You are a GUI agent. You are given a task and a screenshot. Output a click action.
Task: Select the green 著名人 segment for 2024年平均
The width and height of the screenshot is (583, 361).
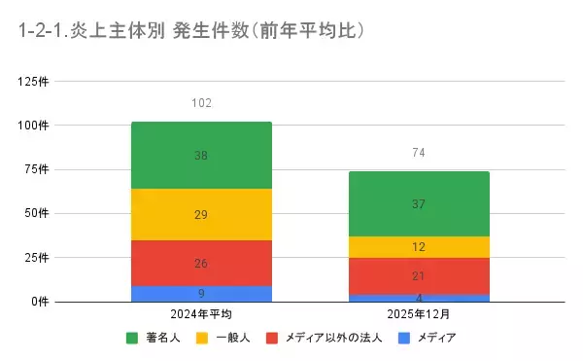tap(201, 155)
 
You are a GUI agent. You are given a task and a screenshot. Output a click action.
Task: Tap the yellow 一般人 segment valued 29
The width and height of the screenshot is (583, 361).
tap(201, 214)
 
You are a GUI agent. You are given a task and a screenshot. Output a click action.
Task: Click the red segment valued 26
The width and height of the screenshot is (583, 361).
tap(201, 263)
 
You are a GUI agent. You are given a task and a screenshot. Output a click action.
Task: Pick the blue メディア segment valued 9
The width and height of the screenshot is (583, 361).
tap(201, 293)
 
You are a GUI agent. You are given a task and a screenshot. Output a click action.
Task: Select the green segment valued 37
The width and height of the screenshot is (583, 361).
tap(419, 203)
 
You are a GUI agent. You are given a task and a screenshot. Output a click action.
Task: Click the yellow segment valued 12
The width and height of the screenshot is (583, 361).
tap(419, 247)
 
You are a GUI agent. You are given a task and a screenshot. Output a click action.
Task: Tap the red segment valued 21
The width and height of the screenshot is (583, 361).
tap(419, 276)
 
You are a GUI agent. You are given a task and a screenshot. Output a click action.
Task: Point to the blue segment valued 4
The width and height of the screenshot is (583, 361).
tap(419, 298)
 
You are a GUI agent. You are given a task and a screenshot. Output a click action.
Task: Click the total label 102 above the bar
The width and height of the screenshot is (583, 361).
tap(201, 102)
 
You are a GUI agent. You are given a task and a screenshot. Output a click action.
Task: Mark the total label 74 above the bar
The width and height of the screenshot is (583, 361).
tap(419, 153)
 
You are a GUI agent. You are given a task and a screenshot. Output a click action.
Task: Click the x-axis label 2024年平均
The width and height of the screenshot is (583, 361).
tap(201, 315)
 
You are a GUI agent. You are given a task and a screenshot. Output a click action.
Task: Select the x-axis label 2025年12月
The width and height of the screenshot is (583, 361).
tap(419, 315)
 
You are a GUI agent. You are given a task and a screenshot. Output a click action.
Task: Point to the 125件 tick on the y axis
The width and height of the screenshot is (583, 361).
tap(34, 81)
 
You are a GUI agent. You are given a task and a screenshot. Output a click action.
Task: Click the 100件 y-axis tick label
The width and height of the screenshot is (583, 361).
tap(34, 125)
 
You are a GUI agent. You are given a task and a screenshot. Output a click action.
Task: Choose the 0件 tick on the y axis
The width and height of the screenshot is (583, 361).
tap(40, 301)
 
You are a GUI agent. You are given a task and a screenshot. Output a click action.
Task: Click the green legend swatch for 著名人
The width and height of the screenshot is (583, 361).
tap(132, 339)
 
